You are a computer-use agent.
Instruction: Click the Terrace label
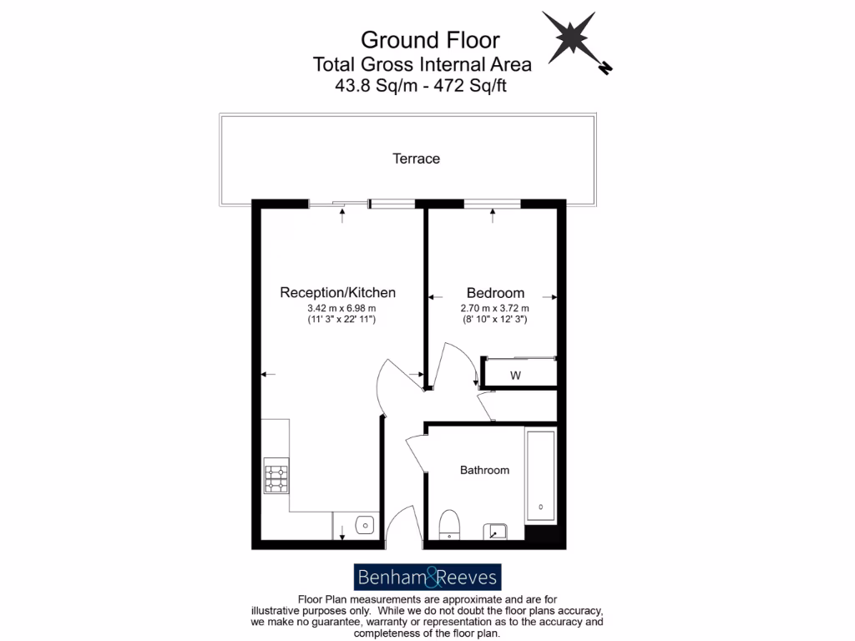coord(416,159)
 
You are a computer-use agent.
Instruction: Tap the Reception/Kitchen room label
coord(337,293)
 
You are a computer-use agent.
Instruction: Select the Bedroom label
coord(495,293)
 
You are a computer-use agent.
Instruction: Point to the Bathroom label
coord(484,471)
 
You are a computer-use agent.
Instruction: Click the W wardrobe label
coord(515,376)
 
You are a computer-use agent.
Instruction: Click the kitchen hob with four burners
coord(276,477)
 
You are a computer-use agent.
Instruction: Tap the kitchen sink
coord(364,526)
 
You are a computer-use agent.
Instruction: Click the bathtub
coord(540,477)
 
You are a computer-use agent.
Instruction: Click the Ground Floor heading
coord(430,39)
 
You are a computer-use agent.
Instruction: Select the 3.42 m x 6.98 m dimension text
coord(337,309)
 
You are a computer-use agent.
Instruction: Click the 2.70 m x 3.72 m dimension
coord(495,309)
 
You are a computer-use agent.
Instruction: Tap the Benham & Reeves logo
coord(427,577)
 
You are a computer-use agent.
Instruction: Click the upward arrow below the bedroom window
coord(493,216)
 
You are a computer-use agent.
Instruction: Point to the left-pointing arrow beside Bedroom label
coord(434,296)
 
